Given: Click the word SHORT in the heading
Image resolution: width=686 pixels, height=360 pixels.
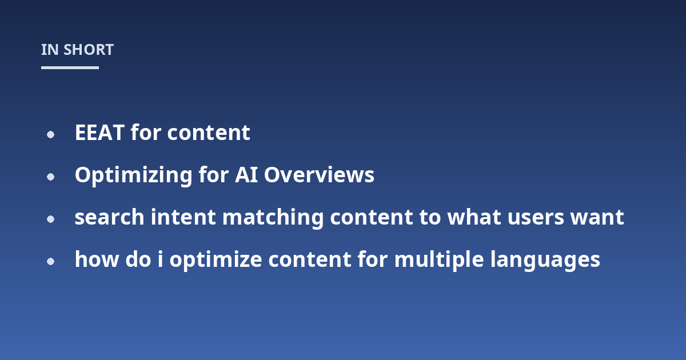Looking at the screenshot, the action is point(89,50).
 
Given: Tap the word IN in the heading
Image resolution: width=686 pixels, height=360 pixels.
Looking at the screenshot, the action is point(50,50).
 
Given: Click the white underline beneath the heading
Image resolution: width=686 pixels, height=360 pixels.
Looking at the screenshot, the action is point(70,67).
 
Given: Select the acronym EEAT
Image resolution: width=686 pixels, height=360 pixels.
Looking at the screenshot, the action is point(99,133).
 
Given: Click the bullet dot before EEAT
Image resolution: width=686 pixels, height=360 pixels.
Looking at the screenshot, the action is point(50,134).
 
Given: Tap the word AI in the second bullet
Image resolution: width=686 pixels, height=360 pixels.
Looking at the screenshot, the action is point(246,175).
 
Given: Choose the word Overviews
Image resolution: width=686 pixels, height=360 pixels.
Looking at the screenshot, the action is point(319,175).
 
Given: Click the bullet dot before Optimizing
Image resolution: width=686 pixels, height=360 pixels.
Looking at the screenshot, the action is point(50,177).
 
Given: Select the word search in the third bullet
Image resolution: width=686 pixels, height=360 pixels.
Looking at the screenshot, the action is point(109,217).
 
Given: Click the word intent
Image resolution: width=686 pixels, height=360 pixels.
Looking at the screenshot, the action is point(183,217).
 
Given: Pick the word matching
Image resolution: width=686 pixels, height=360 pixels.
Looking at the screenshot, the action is point(273,218).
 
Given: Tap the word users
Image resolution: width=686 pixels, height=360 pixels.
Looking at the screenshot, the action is point(536,218).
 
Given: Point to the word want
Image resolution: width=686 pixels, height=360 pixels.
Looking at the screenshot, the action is point(597,218).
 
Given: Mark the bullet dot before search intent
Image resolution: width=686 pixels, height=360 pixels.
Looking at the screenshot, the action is point(50,219).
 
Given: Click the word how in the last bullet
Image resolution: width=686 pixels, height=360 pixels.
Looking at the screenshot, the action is point(97,259).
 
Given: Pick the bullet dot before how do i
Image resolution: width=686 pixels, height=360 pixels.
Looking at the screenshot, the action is point(50,262).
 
